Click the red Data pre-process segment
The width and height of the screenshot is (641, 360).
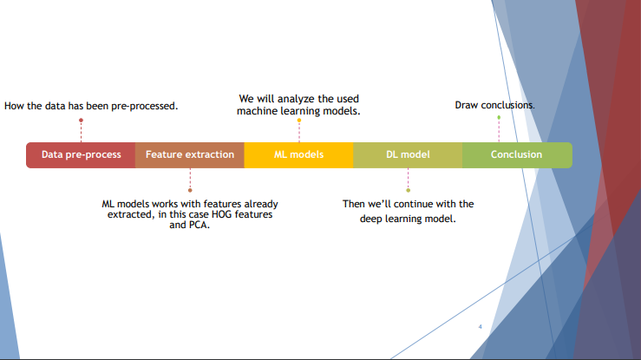tap(81, 154)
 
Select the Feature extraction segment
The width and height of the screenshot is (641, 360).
tap(190, 154)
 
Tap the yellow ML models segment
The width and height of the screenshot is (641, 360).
tap(298, 154)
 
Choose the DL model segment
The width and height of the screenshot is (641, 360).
tap(408, 154)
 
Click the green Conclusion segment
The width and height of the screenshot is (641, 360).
tap(516, 154)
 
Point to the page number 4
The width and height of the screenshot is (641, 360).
tap(480, 327)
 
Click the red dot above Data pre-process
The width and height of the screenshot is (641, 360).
tap(81, 121)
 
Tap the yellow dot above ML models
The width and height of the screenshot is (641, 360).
tap(299, 121)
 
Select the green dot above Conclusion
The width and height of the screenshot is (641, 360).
tap(499, 117)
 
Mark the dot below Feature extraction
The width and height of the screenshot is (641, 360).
tap(190, 189)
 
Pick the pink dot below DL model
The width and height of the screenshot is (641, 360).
tap(408, 189)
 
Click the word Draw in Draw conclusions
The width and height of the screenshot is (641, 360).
tap(467, 105)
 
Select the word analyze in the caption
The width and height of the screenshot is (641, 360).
tap(298, 99)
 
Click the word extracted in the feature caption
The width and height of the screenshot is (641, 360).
tap(130, 214)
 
